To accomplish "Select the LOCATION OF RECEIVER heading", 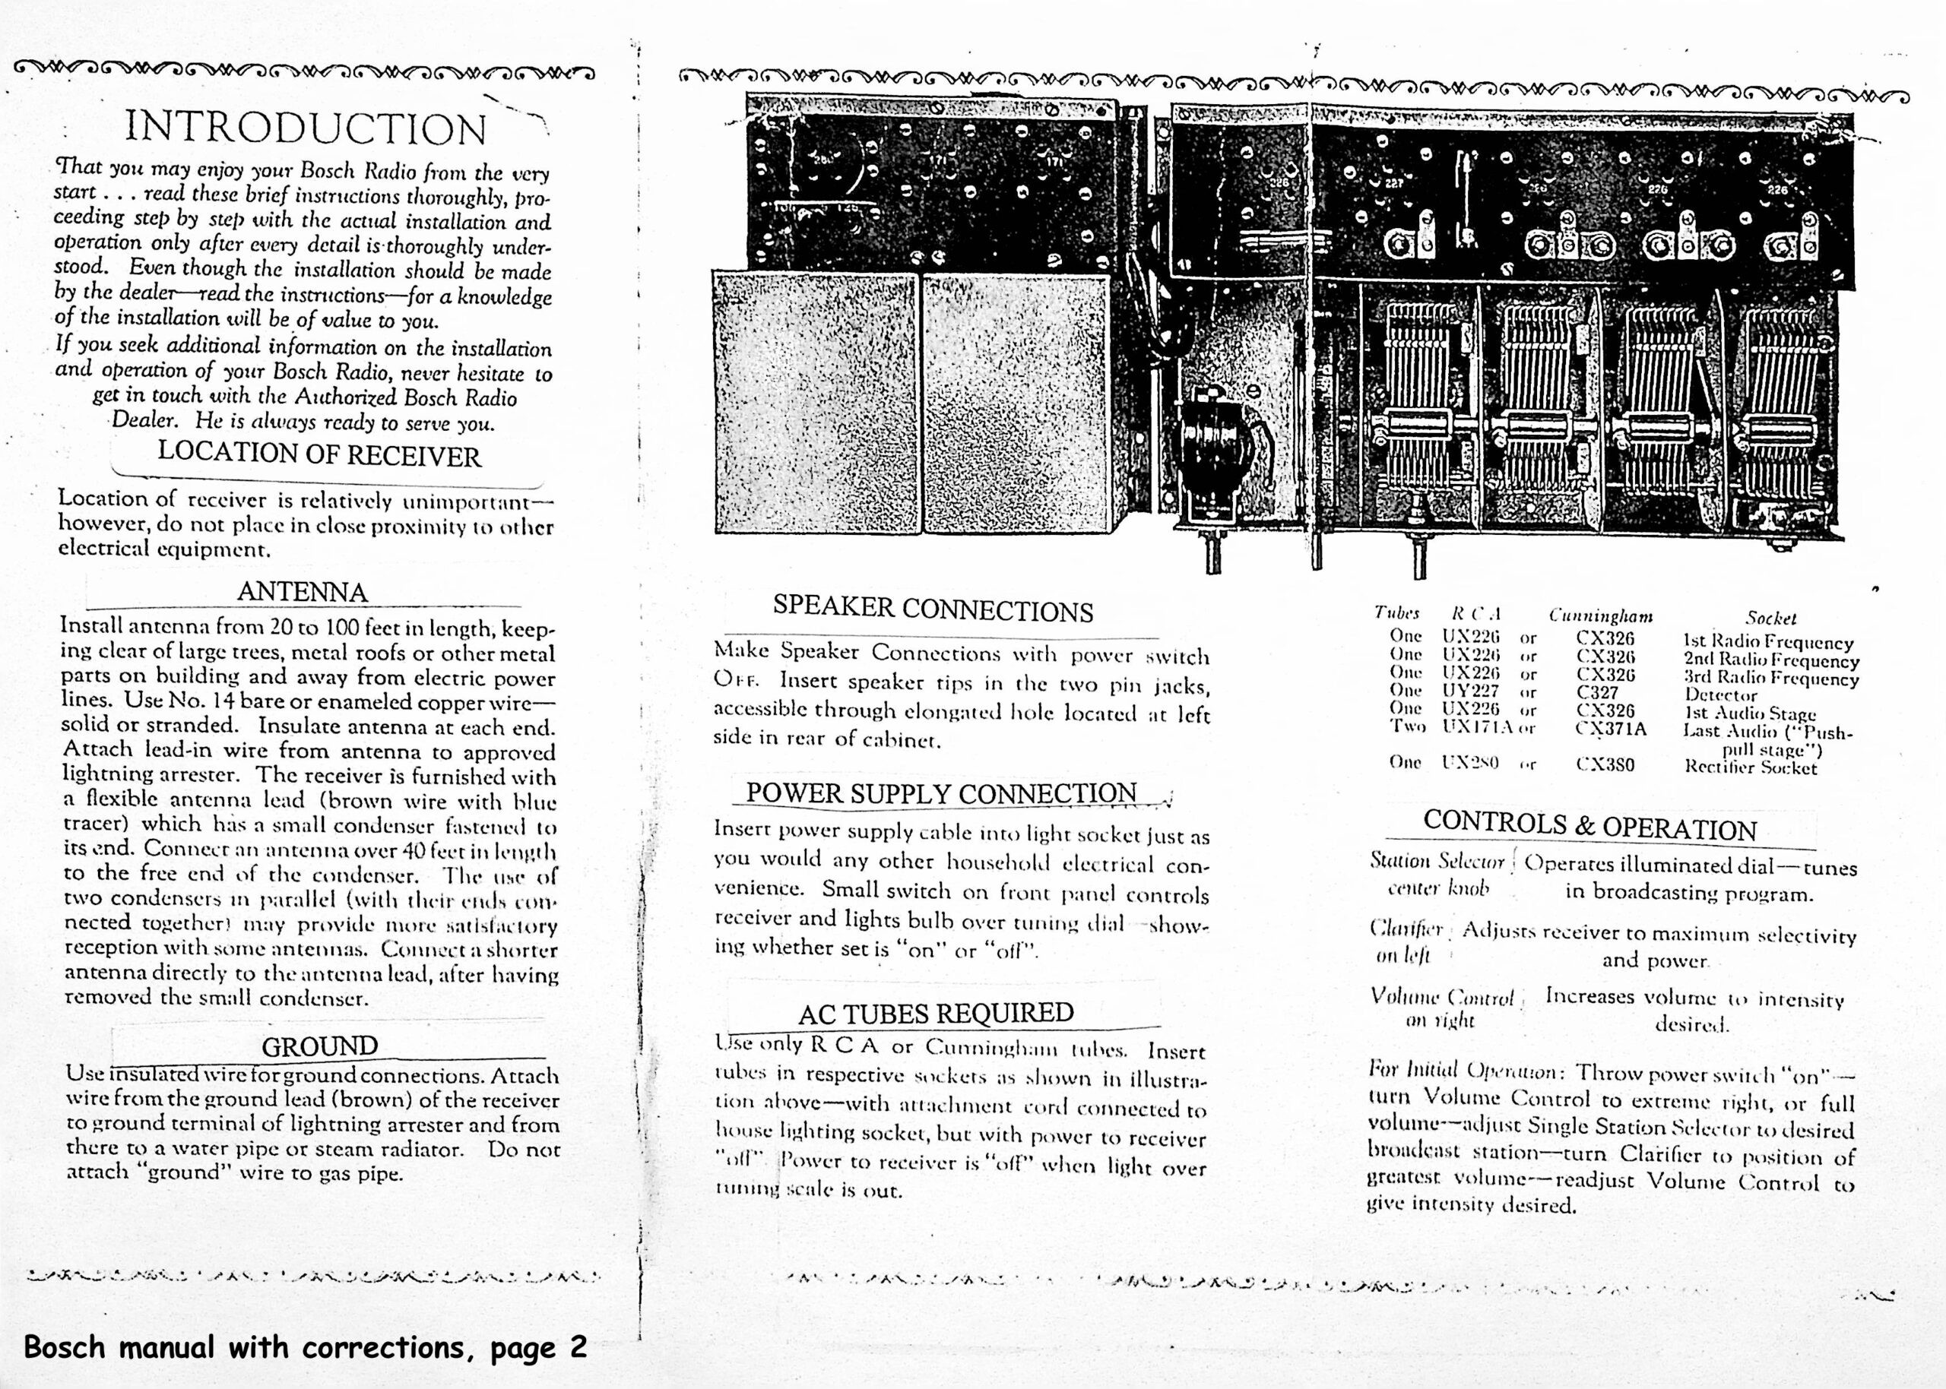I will pos(319,455).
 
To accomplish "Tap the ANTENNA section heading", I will pos(302,592).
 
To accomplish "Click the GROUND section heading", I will pos(319,1046).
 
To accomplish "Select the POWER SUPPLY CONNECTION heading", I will pos(941,793).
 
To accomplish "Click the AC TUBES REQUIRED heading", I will pos(936,1014).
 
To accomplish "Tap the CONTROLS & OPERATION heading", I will pos(1589,825).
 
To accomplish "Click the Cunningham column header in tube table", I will pos(1600,615).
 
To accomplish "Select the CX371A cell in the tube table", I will pos(1611,729).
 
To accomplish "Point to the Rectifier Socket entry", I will pos(1750,767).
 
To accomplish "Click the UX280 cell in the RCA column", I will pos(1469,764).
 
